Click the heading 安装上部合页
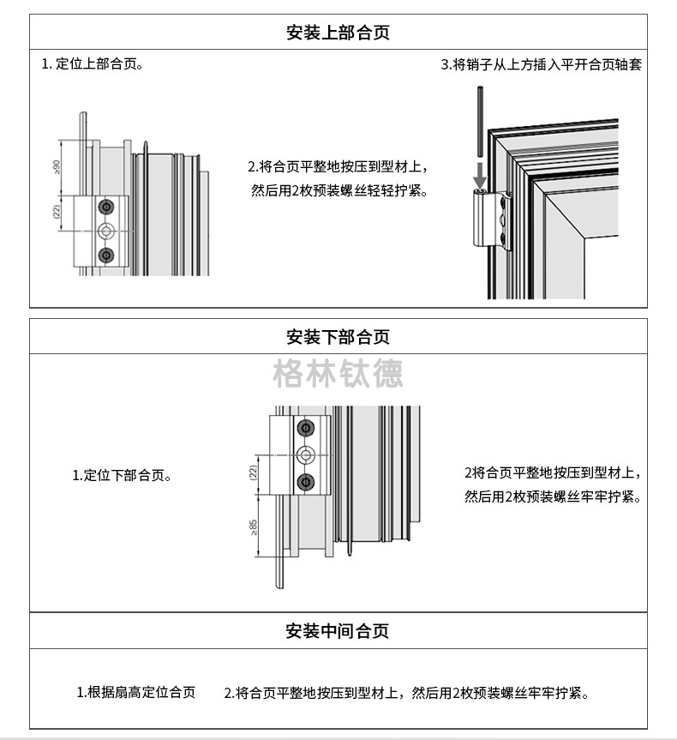(x=338, y=33)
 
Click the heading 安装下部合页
(x=338, y=336)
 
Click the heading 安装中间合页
(x=338, y=631)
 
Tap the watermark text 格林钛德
(x=338, y=374)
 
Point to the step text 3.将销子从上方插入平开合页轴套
(x=541, y=64)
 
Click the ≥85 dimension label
(x=255, y=527)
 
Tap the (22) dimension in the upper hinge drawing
(x=57, y=212)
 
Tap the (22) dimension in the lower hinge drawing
(x=254, y=472)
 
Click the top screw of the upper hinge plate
(x=107, y=207)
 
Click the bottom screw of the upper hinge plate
(x=107, y=254)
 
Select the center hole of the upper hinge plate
(x=107, y=231)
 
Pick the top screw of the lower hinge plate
(x=305, y=429)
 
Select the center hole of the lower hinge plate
(x=305, y=454)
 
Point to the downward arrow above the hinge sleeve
(x=480, y=174)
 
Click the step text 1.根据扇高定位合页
(x=136, y=692)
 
